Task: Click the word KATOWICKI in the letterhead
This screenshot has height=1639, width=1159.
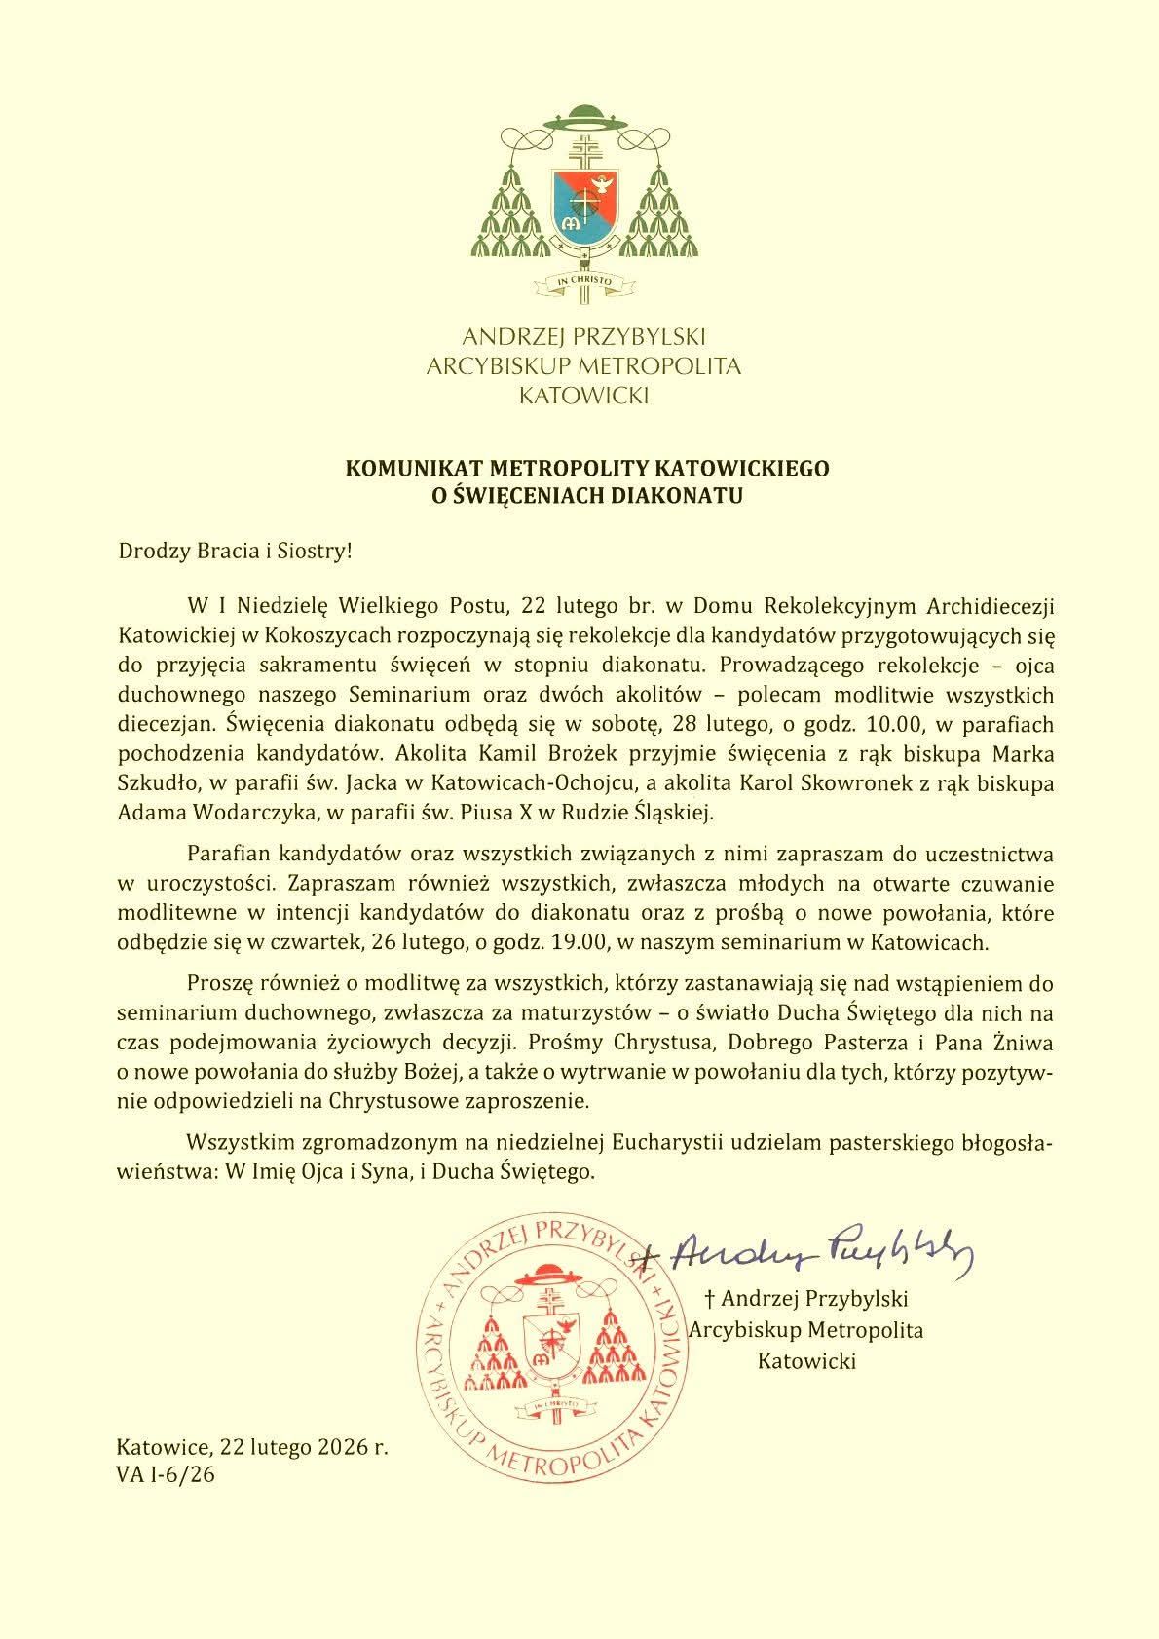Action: click(582, 396)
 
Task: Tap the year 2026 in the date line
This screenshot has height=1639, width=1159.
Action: click(329, 1447)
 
